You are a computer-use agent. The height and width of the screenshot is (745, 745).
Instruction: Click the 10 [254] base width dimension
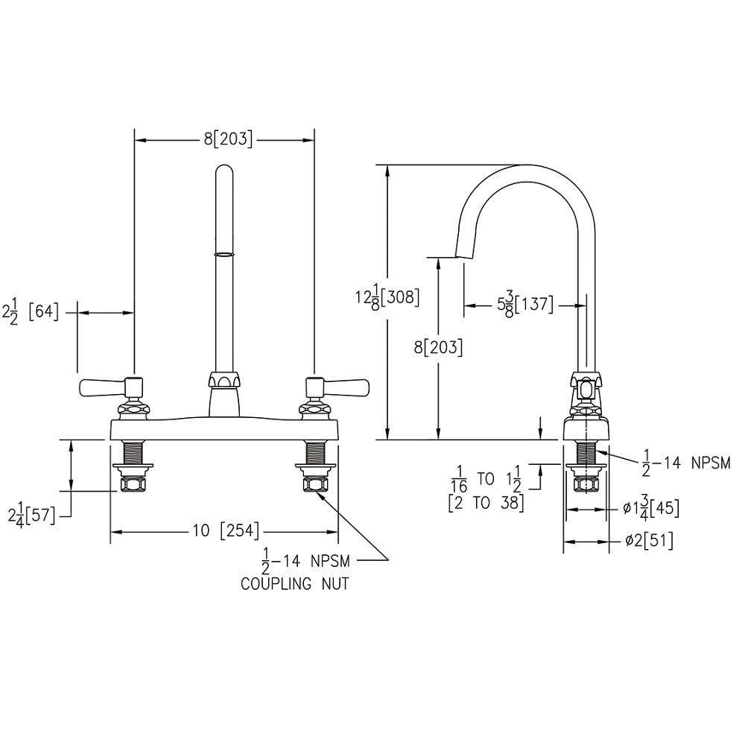coord(226,530)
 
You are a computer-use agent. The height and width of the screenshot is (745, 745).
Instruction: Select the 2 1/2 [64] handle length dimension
coord(31,313)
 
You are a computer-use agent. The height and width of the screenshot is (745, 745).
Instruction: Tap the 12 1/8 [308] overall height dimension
coord(387,297)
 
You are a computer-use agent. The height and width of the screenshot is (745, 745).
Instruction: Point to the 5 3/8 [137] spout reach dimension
coord(525,305)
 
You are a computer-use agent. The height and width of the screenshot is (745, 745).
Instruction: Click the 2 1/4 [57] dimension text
coord(31,516)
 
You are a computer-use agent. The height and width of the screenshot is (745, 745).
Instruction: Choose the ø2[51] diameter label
coord(649,540)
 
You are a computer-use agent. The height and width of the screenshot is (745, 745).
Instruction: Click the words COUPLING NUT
coord(294,583)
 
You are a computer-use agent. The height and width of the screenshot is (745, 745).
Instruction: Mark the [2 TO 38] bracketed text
coord(486,503)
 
